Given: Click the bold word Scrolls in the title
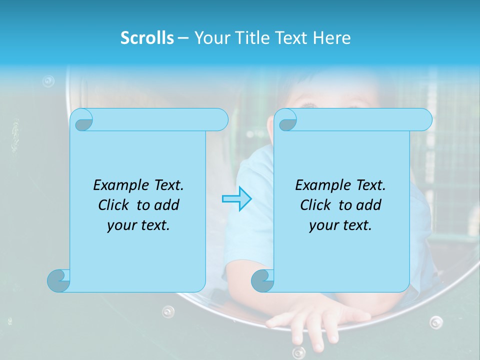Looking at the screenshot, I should (147, 38).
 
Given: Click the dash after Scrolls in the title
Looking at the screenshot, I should (183, 38).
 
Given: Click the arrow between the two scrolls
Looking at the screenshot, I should (236, 199).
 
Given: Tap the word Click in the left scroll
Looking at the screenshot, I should (114, 205).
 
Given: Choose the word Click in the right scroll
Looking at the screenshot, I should (316, 205).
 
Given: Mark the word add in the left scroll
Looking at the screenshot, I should (167, 205).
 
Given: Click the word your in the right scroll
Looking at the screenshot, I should (321, 225).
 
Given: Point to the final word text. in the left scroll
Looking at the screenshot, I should (153, 225).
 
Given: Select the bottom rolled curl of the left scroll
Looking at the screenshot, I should (58, 280).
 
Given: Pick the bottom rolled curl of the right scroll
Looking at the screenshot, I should (262, 280).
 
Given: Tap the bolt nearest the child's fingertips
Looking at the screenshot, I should (298, 351).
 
